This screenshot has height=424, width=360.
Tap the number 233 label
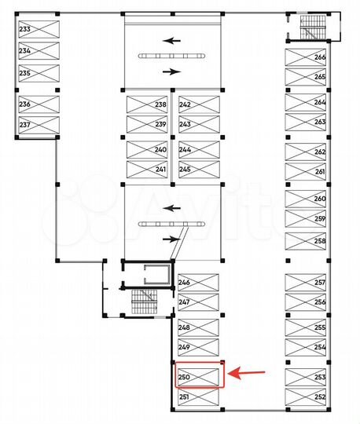[24, 29]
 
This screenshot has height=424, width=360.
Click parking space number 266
[306, 57]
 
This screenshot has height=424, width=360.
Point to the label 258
[320, 241]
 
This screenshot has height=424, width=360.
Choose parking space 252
[306, 397]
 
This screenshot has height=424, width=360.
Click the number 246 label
[184, 282]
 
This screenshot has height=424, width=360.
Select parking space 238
[147, 105]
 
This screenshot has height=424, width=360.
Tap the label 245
[185, 169]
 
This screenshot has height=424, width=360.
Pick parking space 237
[39, 124]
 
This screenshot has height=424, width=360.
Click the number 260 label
[320, 199]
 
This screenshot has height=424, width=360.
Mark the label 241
[160, 169]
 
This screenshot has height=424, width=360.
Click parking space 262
[306, 152]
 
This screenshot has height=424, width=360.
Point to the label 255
[320, 327]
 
